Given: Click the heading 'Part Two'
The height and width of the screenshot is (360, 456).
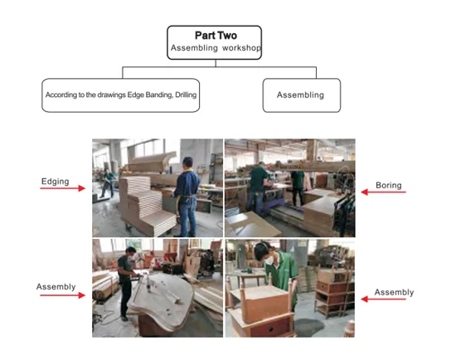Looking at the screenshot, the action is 216,36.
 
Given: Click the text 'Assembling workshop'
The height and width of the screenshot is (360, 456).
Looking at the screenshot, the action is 216,48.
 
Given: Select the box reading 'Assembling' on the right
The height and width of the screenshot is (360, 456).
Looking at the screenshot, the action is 302,95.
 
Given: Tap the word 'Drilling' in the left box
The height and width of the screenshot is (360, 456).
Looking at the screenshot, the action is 186,95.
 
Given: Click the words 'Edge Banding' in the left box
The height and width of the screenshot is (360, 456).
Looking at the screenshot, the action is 150,95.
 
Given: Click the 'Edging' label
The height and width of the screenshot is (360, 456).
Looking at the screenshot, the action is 56,182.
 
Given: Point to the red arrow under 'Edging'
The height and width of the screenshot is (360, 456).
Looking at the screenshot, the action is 62,188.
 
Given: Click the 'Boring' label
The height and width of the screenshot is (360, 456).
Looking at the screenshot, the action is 389,185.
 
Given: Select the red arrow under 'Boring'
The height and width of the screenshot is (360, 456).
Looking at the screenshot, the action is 383,192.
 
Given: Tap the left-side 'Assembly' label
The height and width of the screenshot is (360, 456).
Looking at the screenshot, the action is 56,287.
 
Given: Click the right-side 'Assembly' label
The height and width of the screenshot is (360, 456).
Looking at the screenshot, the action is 394,292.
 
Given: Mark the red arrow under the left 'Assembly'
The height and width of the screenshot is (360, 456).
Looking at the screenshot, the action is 62,295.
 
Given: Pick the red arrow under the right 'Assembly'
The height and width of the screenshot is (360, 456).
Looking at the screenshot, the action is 383,299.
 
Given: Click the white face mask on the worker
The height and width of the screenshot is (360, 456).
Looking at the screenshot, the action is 269,260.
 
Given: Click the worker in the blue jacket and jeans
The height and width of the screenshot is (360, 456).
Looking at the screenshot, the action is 187,197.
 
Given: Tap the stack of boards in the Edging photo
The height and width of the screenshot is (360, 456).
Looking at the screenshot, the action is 147,204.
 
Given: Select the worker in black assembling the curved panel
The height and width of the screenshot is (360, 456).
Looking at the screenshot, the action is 126,283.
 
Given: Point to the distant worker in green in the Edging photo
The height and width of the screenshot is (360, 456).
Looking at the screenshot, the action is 108,183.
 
